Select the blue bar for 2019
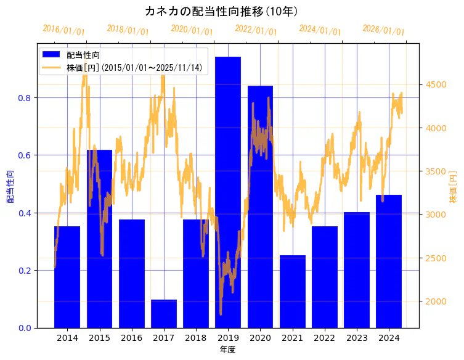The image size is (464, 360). point(227,192)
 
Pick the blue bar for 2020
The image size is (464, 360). point(260,207)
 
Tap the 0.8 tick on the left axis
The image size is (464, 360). point(25,97)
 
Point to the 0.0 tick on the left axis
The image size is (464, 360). point(25,327)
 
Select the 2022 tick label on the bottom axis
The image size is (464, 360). point(324,338)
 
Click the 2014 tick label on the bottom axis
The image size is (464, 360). point(67,338)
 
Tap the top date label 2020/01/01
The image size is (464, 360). point(192,30)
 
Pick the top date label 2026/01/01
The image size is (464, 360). point(383,30)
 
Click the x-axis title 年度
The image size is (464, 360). point(227,350)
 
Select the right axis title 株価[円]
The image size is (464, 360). point(453,187)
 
